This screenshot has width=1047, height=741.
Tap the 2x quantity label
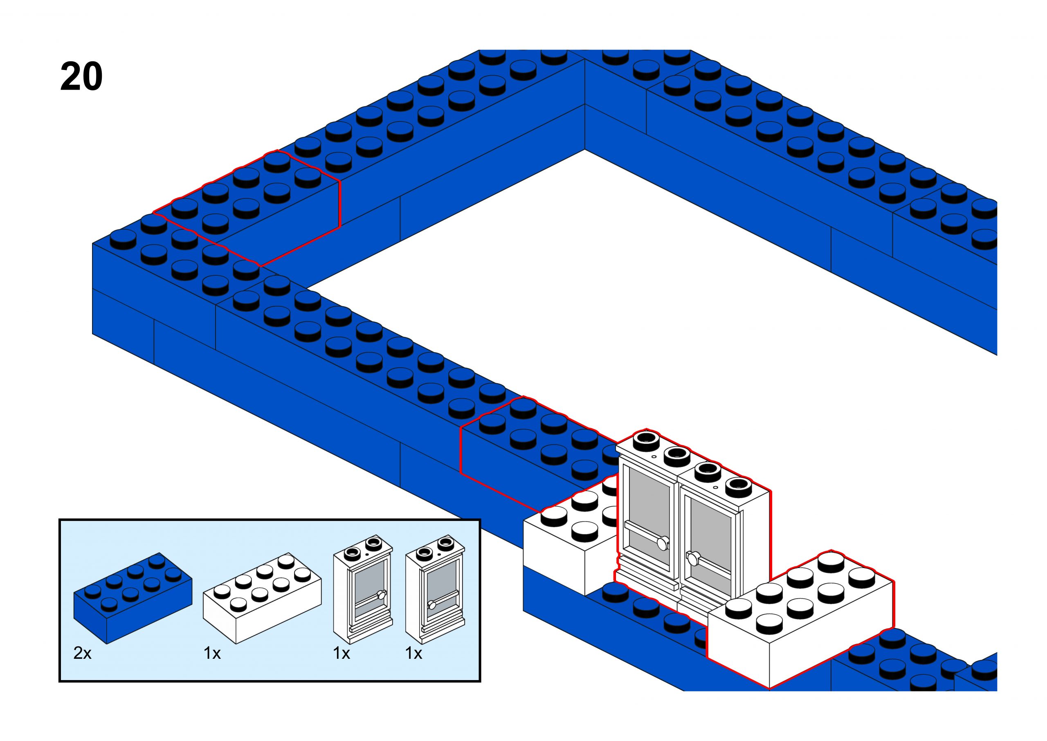82,653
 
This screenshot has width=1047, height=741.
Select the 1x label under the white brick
212,653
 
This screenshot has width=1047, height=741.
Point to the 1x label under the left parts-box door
341,653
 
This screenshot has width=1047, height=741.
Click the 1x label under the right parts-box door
413,653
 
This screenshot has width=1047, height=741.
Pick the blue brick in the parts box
132,598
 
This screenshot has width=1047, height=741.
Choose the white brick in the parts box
262,598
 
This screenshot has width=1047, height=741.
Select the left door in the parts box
363,588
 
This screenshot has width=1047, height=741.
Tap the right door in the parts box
435,588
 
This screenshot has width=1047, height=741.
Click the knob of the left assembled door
663,543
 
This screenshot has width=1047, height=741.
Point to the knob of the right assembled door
692,557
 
